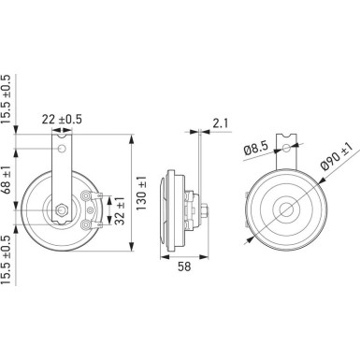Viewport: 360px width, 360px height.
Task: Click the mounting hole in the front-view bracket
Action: tap(62, 149)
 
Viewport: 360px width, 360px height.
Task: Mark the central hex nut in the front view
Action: tap(62, 209)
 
